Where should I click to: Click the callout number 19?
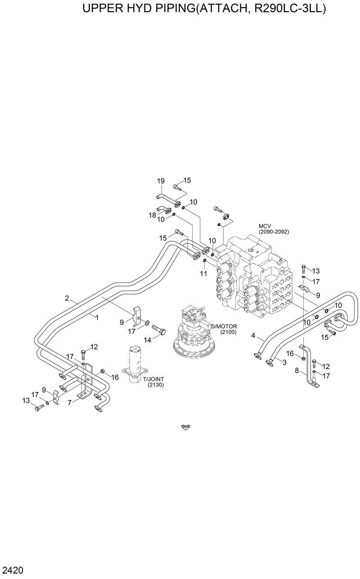pyautogui.click(x=161, y=181)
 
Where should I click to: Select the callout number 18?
pyautogui.click(x=153, y=215)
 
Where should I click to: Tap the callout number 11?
pyautogui.click(x=203, y=274)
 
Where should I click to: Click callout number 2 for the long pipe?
pyautogui.click(x=67, y=298)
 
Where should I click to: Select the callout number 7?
pyautogui.click(x=70, y=403)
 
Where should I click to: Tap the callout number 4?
pyautogui.click(x=253, y=335)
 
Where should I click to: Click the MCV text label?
pyautogui.click(x=264, y=226)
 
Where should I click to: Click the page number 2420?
pyautogui.click(x=12, y=571)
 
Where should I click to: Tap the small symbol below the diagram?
pyautogui.click(x=184, y=426)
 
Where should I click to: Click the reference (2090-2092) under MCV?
pyautogui.click(x=274, y=232)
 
